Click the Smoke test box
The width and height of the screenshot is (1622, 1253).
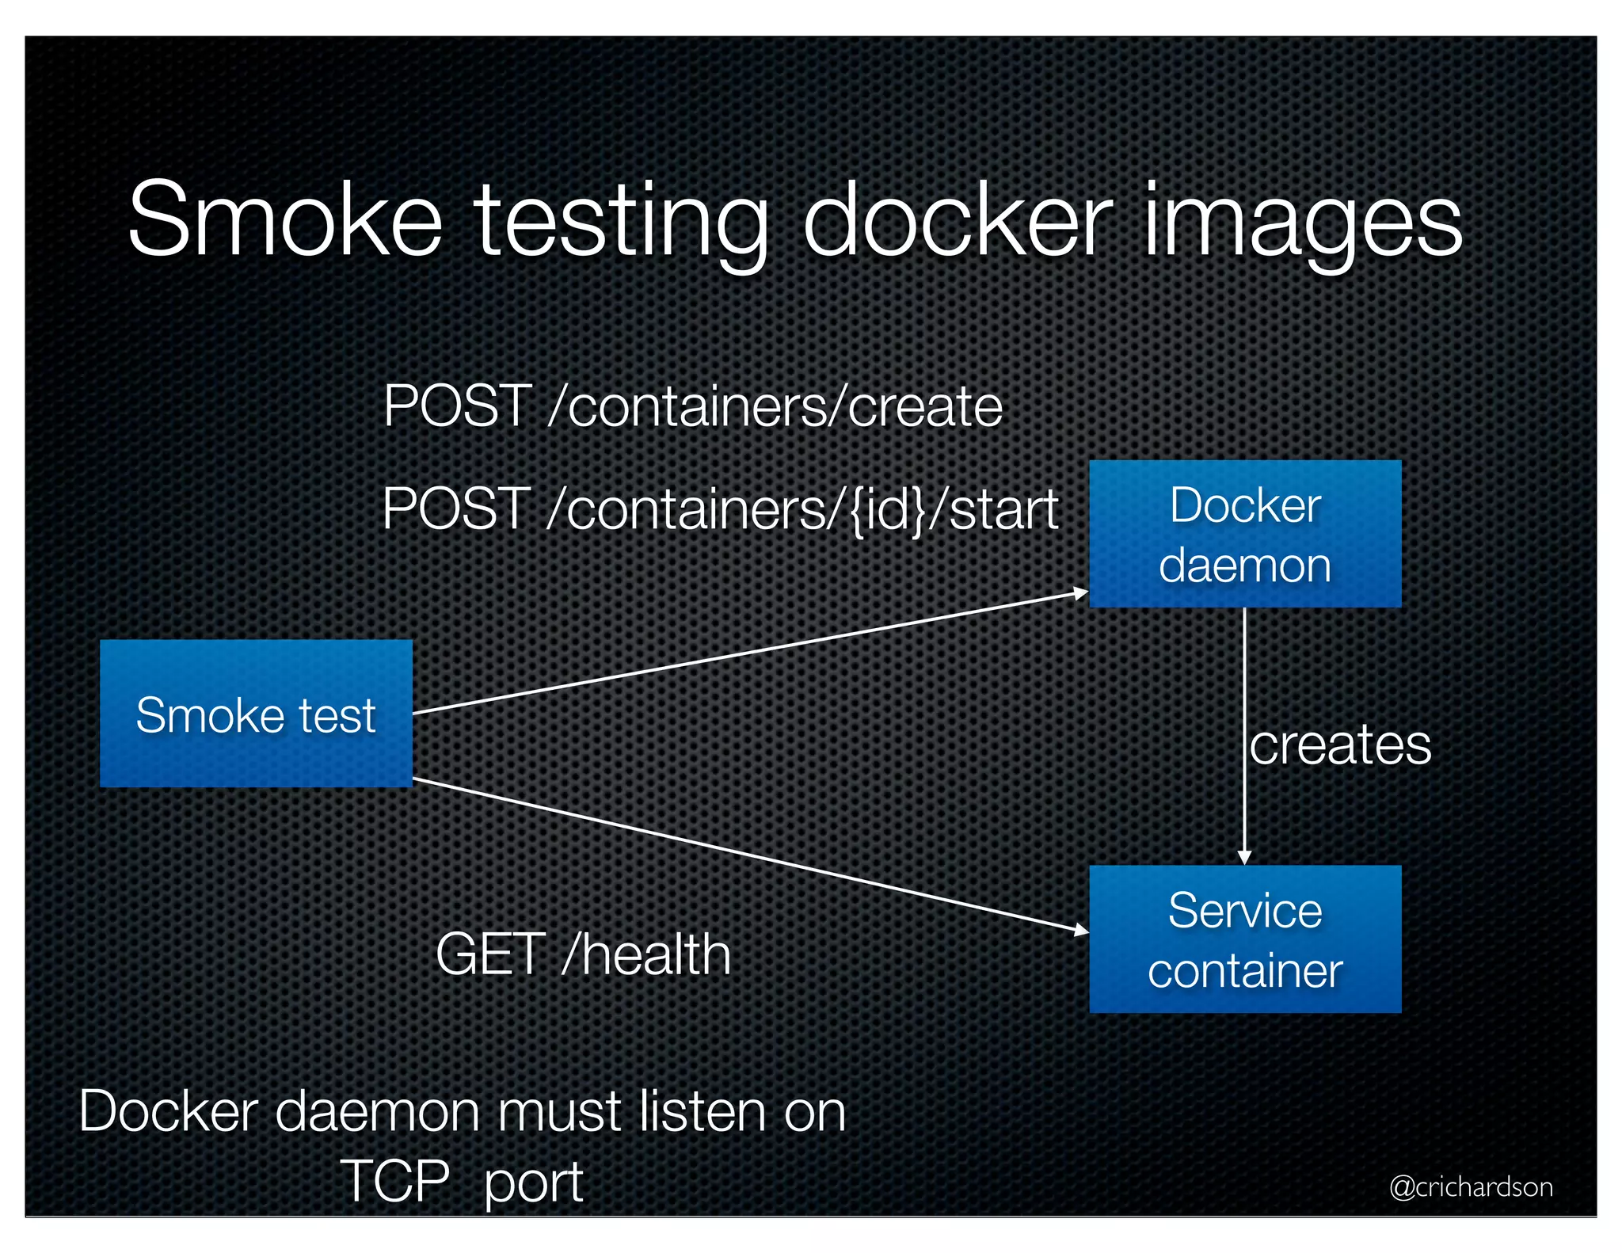tap(256, 714)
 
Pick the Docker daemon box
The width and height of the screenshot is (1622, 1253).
tap(1244, 534)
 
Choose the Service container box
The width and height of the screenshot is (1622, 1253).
tap(1244, 939)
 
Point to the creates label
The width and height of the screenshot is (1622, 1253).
tap(1340, 745)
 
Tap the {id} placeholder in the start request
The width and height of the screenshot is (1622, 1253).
tap(886, 509)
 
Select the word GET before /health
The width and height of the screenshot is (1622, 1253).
tap(490, 954)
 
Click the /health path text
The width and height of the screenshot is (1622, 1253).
tap(645, 954)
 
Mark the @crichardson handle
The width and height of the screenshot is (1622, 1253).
tap(1471, 1186)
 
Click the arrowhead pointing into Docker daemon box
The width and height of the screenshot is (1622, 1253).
tap(1081, 592)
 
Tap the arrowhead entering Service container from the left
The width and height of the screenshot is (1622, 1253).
tap(1081, 930)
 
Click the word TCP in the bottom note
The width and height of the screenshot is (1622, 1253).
tap(395, 1181)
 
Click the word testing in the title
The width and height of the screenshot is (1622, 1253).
tap(621, 222)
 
